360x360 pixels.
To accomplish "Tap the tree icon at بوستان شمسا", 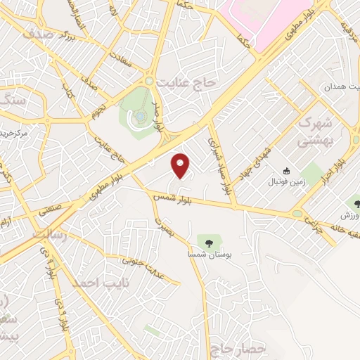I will point(209,243).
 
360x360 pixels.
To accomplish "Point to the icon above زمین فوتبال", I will point(286,171).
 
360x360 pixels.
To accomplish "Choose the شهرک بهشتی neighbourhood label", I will point(314,131).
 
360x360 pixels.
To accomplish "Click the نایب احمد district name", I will point(93,283).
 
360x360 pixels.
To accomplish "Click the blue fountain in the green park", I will point(139,115).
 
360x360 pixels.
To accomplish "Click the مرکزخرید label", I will point(14,132).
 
